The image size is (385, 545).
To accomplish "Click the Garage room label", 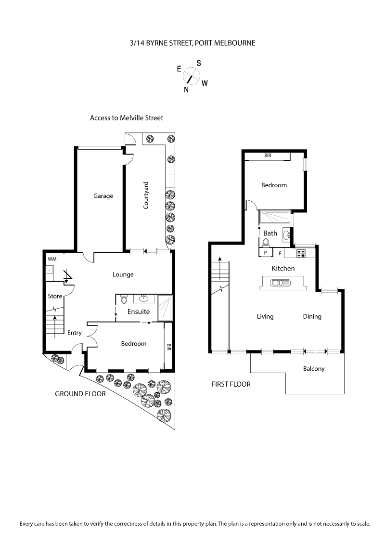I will pyautogui.click(x=103, y=196).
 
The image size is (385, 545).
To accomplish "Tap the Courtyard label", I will pyautogui.click(x=145, y=195).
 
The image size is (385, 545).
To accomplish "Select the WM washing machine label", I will pyautogui.click(x=51, y=260).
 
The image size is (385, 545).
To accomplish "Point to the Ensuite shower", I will pyautogui.click(x=165, y=307).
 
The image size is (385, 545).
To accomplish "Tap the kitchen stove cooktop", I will pyautogui.click(x=301, y=252).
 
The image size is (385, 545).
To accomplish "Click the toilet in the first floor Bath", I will pyautogui.click(x=266, y=243).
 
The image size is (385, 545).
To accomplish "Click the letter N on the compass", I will pyautogui.click(x=186, y=89).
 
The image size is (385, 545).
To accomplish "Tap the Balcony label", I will pyautogui.click(x=314, y=369).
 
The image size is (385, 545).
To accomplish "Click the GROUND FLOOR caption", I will pyautogui.click(x=80, y=393).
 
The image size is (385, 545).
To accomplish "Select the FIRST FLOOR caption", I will pyautogui.click(x=231, y=384).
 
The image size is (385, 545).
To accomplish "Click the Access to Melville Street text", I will pyautogui.click(x=127, y=117).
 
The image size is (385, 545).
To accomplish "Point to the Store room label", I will pyautogui.click(x=54, y=296).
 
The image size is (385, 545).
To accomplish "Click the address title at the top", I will pyautogui.click(x=192, y=43).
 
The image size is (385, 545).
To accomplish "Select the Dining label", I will pyautogui.click(x=312, y=316).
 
